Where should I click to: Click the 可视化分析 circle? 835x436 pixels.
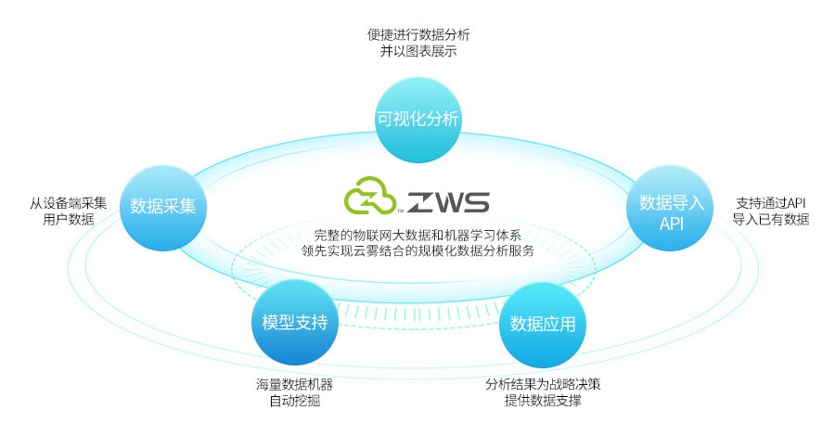[418, 120]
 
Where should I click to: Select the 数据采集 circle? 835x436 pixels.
[163, 207]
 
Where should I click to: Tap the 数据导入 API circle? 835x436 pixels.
[671, 208]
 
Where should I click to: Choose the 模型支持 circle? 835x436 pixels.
[294, 323]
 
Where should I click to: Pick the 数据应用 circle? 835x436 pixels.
[542, 324]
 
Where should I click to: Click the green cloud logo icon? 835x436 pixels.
[370, 195]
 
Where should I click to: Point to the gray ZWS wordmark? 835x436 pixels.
[448, 202]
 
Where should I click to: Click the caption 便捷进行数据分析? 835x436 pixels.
[418, 35]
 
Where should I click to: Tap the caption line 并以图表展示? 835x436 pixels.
[418, 52]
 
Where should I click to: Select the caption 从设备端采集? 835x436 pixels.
[68, 203]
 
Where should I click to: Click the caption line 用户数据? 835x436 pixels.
[69, 219]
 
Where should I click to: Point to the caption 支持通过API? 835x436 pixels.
[771, 203]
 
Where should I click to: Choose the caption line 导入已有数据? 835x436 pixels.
[771, 219]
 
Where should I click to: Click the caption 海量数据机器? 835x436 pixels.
[294, 384]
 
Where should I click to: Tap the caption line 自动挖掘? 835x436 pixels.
[294, 401]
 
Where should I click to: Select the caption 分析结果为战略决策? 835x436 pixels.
[543, 384]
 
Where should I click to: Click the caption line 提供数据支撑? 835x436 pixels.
[543, 401]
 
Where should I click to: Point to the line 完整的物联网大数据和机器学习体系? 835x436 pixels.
[418, 235]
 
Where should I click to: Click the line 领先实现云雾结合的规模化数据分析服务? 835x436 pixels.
[418, 250]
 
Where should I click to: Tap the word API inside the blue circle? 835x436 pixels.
[671, 224]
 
